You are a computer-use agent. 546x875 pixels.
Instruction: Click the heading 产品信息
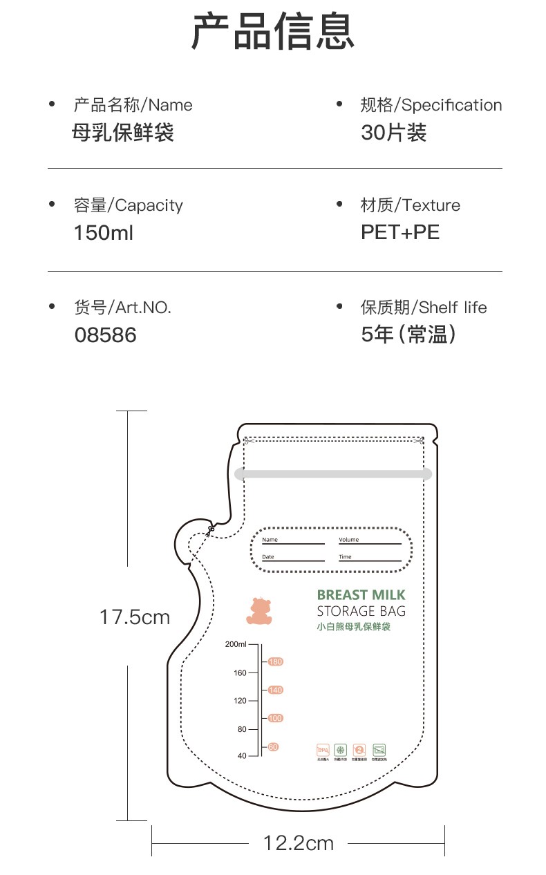(x=272, y=32)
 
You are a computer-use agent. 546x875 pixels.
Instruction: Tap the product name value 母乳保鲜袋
(x=123, y=132)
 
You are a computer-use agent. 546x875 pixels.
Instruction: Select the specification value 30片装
(x=393, y=132)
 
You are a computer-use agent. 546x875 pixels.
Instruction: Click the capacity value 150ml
(x=103, y=233)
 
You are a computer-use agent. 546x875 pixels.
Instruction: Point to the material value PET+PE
(x=399, y=232)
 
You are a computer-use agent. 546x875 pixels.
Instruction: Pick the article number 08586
(x=105, y=335)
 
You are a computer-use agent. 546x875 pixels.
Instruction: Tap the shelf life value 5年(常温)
(x=408, y=335)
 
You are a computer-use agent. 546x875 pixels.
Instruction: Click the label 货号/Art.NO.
(x=122, y=308)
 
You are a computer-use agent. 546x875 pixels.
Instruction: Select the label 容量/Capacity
(x=128, y=205)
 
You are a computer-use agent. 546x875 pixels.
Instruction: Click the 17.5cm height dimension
(x=134, y=617)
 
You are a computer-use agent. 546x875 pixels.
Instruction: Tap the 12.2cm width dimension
(x=298, y=843)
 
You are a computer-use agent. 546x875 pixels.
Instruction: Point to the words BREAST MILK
(x=361, y=595)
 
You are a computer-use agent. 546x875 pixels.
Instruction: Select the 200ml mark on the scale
(x=235, y=645)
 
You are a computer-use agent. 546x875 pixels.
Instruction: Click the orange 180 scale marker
(x=276, y=662)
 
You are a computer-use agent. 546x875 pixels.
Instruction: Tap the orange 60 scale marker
(x=274, y=747)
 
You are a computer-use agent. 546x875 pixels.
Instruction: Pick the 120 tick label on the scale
(x=239, y=701)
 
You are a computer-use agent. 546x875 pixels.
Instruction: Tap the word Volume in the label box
(x=349, y=540)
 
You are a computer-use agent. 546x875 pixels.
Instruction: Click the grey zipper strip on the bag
(x=333, y=474)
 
